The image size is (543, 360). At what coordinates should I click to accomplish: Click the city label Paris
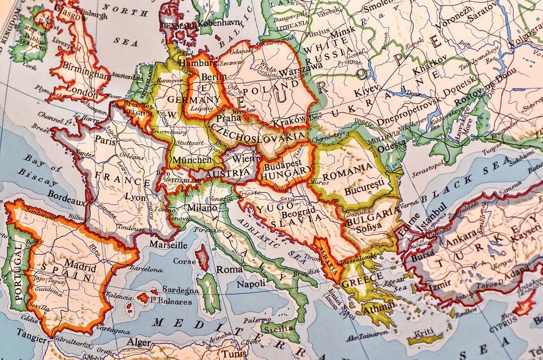click(x=105, y=140)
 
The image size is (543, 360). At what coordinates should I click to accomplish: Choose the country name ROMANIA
click(x=353, y=167)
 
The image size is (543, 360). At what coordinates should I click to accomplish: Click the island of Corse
click(x=202, y=257)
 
